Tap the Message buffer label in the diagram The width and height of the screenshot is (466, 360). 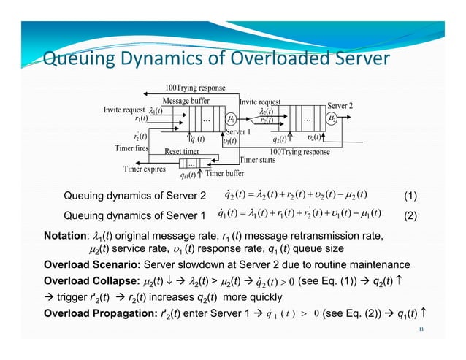pos(186,100)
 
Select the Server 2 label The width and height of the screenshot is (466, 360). pos(340,106)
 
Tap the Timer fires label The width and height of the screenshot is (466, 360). pos(131,148)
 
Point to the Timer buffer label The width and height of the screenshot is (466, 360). pos(224,174)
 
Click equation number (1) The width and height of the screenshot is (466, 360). pos(410,196)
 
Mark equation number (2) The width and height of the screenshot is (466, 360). pos(410,216)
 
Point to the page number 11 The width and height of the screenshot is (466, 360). pos(421,330)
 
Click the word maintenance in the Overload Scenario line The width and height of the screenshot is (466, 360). pos(395,264)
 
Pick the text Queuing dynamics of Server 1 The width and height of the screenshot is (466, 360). pos(131,216)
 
